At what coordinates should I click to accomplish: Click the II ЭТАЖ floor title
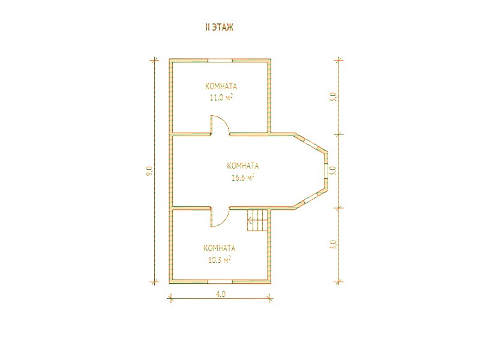219,27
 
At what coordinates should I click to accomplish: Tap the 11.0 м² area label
221,98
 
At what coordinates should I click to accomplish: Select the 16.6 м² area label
243,177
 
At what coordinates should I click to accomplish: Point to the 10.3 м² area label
219,260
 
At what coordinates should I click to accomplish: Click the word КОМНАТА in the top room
221,86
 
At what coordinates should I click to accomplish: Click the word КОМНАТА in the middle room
243,166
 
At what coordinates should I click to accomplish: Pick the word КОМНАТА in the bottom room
220,248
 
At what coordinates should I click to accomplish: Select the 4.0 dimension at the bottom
221,294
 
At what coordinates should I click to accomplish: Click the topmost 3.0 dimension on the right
334,97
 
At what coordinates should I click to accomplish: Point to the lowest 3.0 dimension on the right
334,245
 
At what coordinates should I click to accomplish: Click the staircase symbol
257,220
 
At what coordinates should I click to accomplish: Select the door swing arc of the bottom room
223,220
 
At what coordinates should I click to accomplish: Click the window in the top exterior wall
220,60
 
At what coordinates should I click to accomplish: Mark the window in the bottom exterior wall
220,281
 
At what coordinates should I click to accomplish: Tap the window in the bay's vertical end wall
326,171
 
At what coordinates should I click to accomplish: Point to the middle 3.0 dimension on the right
334,170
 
